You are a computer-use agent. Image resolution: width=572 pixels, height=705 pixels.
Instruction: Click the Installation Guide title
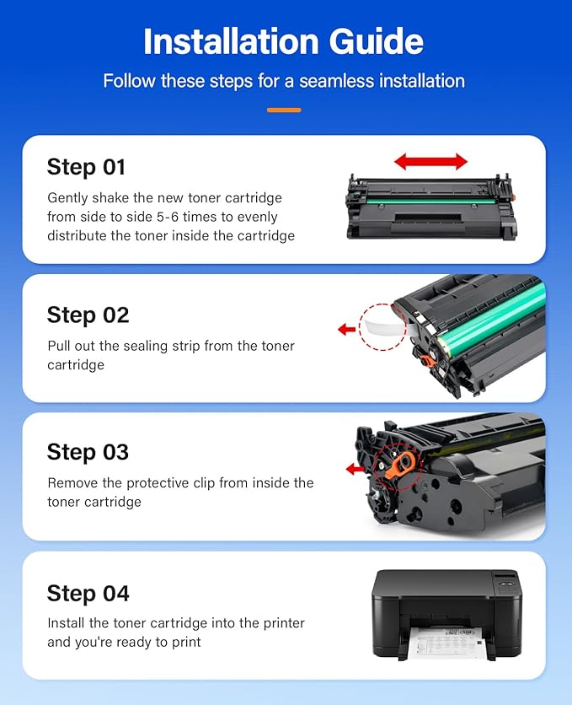click(283, 42)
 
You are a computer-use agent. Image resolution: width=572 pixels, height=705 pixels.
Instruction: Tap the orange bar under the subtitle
click(283, 110)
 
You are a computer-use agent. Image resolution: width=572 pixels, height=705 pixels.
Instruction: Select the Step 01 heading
click(86, 167)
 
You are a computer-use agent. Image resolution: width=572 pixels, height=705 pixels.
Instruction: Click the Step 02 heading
click(88, 315)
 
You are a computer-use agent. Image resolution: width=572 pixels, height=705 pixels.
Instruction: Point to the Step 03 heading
click(88, 452)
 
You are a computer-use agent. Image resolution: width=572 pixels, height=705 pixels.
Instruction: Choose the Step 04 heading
click(88, 594)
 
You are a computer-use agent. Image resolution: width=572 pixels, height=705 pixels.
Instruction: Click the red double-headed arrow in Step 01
click(430, 161)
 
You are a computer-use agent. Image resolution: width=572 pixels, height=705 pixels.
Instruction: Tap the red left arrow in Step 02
click(346, 330)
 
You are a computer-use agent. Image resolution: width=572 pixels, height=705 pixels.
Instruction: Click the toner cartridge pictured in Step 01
click(430, 207)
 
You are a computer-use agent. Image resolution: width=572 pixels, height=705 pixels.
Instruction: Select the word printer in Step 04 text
click(281, 623)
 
